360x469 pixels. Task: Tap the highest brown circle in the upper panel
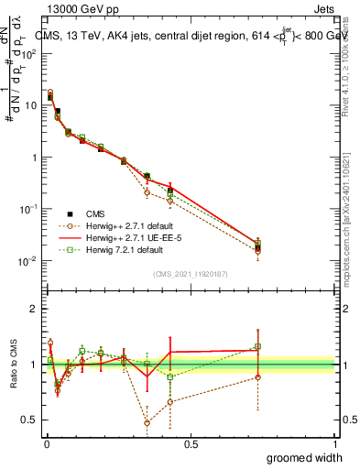click(x=50, y=93)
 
